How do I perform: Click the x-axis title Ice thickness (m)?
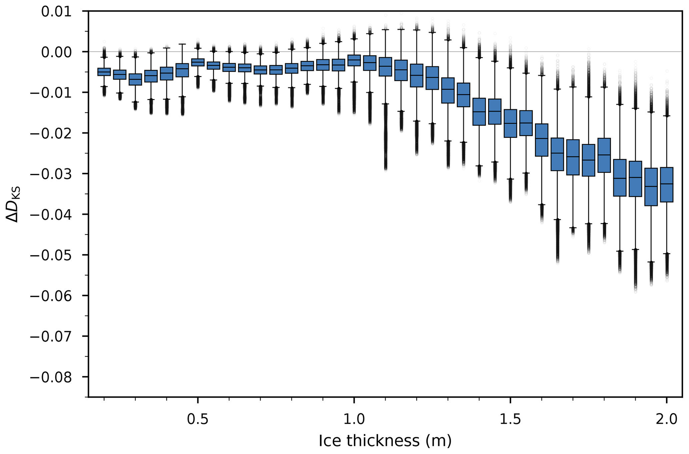[385, 441]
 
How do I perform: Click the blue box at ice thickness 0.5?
[198, 62]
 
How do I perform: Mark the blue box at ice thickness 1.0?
[354, 60]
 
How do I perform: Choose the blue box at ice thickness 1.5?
[510, 123]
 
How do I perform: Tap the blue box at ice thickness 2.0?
[666, 184]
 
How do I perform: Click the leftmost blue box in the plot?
[104, 72]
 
